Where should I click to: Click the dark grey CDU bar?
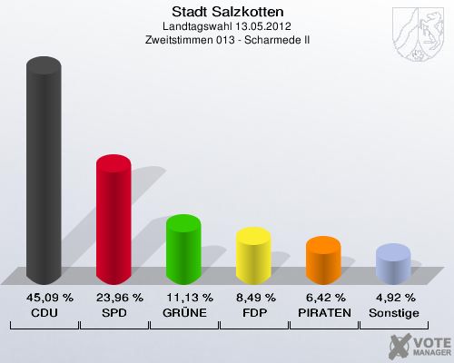pos(44,172)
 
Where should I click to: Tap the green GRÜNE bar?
pos(183,250)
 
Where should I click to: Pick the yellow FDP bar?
pos(253,256)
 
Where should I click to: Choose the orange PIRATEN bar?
pos(323,261)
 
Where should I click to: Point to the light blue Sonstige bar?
pos(393,265)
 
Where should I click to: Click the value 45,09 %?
pos(44,297)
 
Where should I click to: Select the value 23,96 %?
pos(113,297)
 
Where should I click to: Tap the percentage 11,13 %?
pos(183,297)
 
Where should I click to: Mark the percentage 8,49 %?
pos(253,297)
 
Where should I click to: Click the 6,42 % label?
pos(323,297)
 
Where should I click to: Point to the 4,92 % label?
pos(393,297)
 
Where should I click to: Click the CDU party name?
pos(44,312)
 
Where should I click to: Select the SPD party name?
pos(113,312)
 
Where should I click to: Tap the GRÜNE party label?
pos(183,312)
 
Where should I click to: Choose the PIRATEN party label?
pos(323,312)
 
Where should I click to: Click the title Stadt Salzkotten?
pos(227,12)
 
